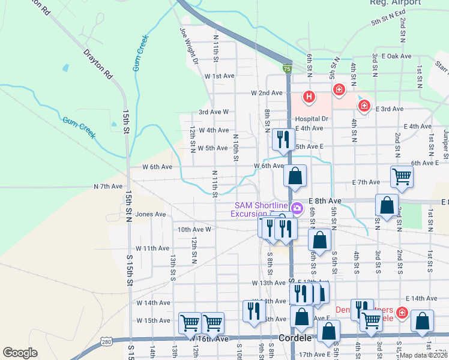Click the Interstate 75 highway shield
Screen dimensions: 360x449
pyautogui.click(x=288, y=70)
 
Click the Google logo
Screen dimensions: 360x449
pyautogui.click(x=20, y=353)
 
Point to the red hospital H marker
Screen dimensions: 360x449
pyautogui.click(x=309, y=96)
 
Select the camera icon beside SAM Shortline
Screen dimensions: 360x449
pyautogui.click(x=297, y=209)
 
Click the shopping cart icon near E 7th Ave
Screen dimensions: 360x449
pyautogui.click(x=402, y=176)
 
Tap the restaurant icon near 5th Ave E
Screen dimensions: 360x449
pyautogui.click(x=282, y=139)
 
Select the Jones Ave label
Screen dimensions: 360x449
pyautogui.click(x=151, y=214)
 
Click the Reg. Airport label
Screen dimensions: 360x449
pyautogui.click(x=404, y=3)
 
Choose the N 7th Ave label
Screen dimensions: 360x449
pyautogui.click(x=108, y=187)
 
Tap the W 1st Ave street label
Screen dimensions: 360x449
pyautogui.click(x=218, y=77)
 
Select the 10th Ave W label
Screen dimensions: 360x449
pyautogui.click(x=194, y=229)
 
